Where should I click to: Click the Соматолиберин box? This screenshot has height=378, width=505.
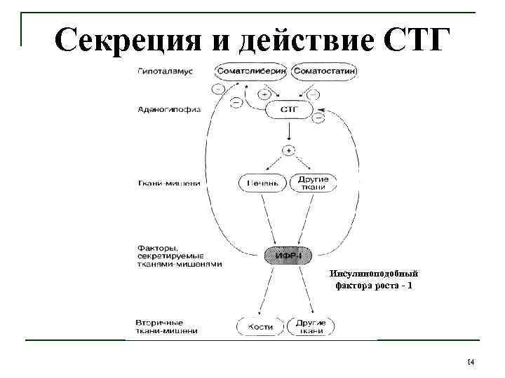click(251, 71)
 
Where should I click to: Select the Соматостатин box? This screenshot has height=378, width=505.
click(325, 71)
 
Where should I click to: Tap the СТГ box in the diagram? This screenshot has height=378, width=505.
click(288, 110)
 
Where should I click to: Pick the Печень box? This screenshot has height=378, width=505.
click(262, 183)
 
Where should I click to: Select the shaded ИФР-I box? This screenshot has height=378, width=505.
click(288, 255)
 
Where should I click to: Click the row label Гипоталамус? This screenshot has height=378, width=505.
click(166, 71)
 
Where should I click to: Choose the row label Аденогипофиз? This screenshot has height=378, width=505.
click(168, 110)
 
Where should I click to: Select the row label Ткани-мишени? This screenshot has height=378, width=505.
click(168, 183)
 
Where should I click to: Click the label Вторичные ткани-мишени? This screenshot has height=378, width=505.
click(167, 326)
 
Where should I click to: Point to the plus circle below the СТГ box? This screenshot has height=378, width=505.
click(288, 150)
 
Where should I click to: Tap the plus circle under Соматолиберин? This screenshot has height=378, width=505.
click(264, 93)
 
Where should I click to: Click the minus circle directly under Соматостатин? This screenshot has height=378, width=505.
click(313, 93)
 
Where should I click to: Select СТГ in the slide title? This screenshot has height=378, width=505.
click(414, 41)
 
